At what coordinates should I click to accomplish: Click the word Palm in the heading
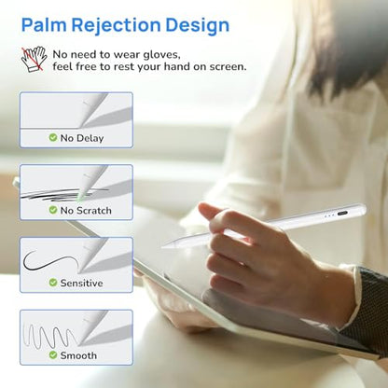click(44, 25)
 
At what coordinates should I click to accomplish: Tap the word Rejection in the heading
click(116, 26)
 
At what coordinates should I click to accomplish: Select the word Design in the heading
click(198, 26)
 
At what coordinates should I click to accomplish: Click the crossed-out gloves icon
click(34, 59)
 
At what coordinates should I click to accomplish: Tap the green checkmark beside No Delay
click(53, 137)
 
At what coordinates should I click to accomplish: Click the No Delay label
click(82, 138)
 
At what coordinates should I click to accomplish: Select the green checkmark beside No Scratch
click(53, 210)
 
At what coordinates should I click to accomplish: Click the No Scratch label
click(86, 211)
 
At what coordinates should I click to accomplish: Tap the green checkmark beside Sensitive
click(53, 283)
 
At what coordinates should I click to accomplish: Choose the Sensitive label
click(81, 283)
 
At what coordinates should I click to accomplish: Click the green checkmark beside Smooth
click(53, 354)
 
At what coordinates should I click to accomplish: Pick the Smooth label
click(78, 355)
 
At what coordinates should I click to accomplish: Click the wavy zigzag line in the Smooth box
click(49, 337)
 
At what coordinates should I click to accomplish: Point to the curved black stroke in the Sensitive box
click(49, 260)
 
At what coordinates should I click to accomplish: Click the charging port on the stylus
click(342, 214)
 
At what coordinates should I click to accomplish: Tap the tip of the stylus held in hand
click(163, 247)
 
